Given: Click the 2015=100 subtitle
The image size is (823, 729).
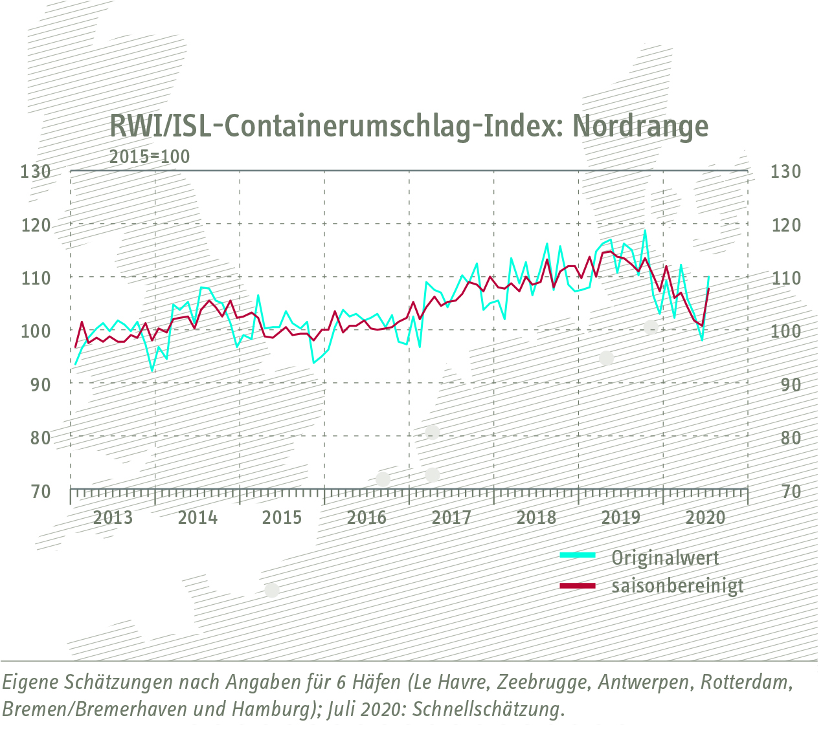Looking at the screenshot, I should [150, 157].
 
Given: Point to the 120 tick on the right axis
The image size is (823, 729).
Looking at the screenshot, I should [786, 225].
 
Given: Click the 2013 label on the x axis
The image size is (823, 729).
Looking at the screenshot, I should [113, 517].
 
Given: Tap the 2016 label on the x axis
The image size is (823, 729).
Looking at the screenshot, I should [366, 517].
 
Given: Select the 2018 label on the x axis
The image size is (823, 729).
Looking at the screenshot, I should [536, 517].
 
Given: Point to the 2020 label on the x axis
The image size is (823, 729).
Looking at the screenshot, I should [705, 517].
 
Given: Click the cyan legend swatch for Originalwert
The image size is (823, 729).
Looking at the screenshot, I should [577, 555].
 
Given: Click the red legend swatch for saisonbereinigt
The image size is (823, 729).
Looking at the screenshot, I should [577, 585].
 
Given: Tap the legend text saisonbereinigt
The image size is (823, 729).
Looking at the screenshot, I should [677, 586].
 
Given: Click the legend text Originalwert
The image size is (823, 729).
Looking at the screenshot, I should [665, 557].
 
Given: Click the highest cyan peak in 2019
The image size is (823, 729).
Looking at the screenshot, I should [645, 230].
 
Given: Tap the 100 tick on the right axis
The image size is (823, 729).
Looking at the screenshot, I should [786, 331].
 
